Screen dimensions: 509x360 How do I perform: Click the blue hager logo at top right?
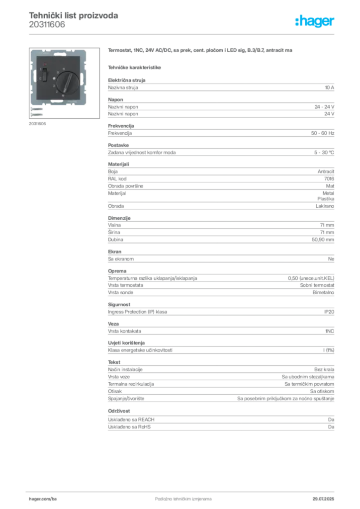[315, 22]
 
